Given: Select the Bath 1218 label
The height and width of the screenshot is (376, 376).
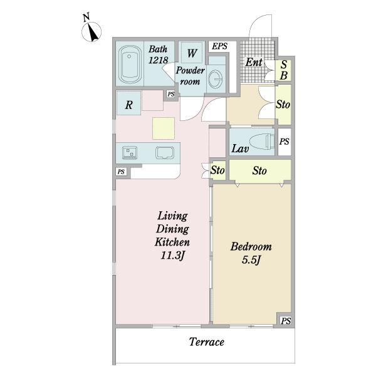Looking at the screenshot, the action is click(x=158, y=55).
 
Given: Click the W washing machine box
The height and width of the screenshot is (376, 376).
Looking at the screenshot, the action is click(x=192, y=53).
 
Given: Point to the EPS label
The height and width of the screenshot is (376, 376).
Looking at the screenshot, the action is click(x=219, y=46).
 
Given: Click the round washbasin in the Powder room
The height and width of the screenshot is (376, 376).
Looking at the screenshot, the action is click(x=216, y=79).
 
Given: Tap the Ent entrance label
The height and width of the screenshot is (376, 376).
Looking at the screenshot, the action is click(x=254, y=62).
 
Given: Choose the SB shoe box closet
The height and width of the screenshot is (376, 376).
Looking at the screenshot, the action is click(x=283, y=70).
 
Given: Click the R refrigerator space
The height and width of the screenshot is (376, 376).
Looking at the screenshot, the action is click(x=128, y=103).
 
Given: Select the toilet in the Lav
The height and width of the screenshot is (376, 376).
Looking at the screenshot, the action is click(x=262, y=142).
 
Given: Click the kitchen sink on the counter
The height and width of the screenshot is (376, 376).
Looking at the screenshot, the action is click(x=165, y=153).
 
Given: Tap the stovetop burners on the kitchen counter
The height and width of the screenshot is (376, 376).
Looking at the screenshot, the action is click(x=130, y=153).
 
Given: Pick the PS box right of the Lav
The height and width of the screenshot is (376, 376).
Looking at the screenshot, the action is click(x=284, y=142).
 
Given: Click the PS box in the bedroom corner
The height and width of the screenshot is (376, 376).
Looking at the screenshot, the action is click(x=286, y=321).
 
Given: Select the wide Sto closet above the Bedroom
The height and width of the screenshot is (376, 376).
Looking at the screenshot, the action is click(x=260, y=170).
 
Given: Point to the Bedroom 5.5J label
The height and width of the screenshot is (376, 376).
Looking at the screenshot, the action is click(x=251, y=253).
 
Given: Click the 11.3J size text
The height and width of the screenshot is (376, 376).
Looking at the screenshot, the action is click(x=172, y=256).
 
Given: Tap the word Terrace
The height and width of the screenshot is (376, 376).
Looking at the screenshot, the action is click(x=206, y=342).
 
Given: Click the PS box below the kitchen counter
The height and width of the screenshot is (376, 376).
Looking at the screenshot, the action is click(x=122, y=172).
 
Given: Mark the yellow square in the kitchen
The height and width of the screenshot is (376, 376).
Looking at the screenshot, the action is click(x=164, y=128).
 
